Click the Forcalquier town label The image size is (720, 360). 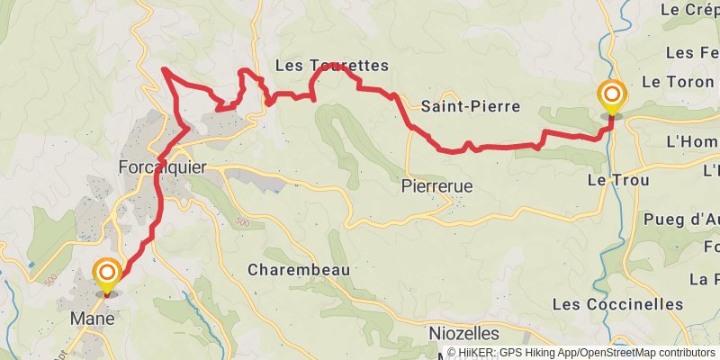pyautogui.click(x=163, y=167)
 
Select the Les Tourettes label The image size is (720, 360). pyautogui.click(x=331, y=66)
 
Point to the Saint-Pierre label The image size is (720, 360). pyautogui.click(x=471, y=106)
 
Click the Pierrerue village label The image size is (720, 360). pyautogui.click(x=436, y=187)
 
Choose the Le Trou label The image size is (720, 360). pyautogui.click(x=612, y=179)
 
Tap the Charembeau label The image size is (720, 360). pyautogui.click(x=298, y=269)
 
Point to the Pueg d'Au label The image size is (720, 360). pyautogui.click(x=681, y=219)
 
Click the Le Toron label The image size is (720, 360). pyautogui.click(x=679, y=81)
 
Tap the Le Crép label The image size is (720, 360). pyautogui.click(x=688, y=10)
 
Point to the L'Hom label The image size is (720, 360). pyautogui.click(x=691, y=142)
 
